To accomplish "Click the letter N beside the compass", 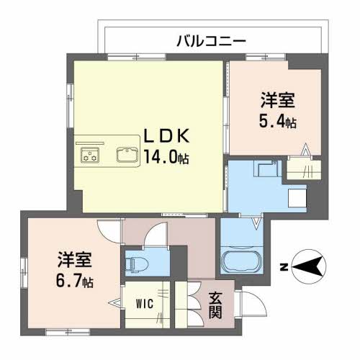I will click(x=284, y=268).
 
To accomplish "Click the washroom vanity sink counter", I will click(x=266, y=173).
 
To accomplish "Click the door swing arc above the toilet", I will click(x=152, y=237).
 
